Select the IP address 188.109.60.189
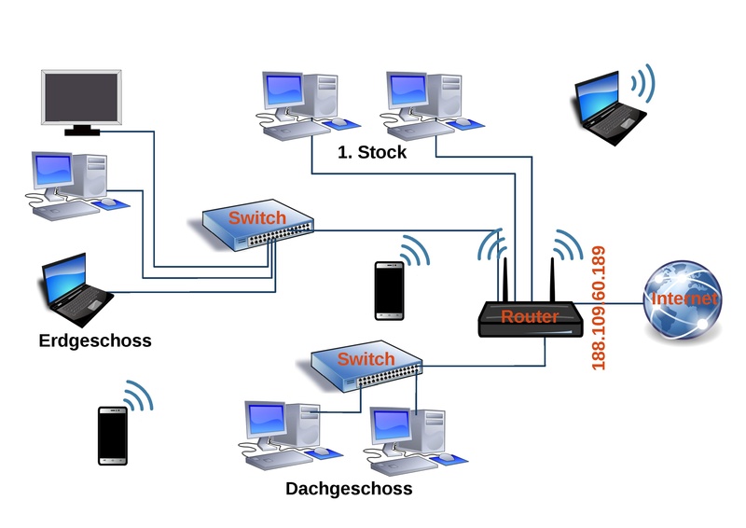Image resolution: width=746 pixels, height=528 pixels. pos(599,307)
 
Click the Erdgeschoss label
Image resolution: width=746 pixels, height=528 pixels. pos(95,340)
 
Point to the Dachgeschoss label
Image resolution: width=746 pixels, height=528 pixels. pos(349,488)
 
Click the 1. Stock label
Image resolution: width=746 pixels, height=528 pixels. pos(372,152)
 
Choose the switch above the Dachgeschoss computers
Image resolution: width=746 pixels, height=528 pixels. pos(366,367)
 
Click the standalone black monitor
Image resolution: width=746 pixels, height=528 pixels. pos(82,101)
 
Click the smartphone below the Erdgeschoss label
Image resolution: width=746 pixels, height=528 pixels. pos(113,435)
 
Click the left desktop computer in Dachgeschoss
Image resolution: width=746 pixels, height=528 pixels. pos(281,432)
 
